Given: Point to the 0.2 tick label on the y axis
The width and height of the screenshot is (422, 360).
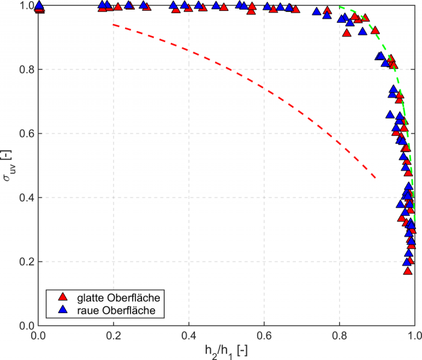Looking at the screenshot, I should pos(26,262).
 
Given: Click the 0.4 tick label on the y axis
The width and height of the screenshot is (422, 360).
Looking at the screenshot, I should pos(26,198).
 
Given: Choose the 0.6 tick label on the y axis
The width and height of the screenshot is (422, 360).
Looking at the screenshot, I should pos(26,134).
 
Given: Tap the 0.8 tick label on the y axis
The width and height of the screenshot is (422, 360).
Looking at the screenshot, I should pos(26,70).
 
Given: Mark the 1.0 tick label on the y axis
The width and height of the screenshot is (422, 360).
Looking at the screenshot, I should pos(26,6).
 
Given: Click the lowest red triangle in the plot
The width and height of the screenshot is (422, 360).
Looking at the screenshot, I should pos(408,271).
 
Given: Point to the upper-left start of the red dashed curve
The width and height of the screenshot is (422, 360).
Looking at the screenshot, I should pos(114,25).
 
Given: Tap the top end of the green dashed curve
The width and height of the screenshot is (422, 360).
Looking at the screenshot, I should pos(340,7).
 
